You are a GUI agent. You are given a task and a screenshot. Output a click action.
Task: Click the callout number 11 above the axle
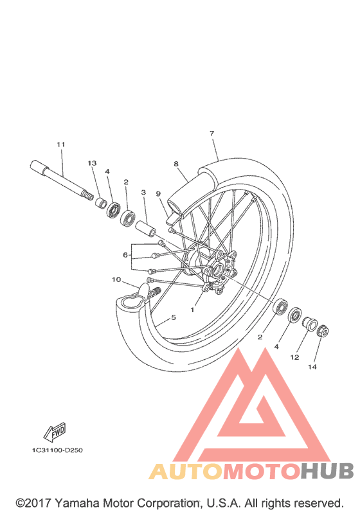61,145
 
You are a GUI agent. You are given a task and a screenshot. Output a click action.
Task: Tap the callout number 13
92,163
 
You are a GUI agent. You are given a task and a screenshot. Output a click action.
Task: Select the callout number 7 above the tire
212,134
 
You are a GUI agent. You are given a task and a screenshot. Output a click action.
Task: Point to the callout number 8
176,164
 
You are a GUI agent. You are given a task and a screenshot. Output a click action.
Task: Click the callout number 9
158,194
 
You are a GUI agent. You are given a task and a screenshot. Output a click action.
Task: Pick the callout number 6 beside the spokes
125,254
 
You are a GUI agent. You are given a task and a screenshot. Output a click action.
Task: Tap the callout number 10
116,279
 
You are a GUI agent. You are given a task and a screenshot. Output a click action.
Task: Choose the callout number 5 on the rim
174,317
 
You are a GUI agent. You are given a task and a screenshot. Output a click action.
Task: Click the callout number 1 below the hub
192,310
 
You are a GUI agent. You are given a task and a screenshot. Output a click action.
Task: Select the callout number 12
294,357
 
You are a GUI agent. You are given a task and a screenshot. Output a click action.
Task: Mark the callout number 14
312,367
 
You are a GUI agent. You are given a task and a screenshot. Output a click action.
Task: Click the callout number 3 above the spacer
143,193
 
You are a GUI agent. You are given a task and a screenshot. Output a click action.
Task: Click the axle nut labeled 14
323,331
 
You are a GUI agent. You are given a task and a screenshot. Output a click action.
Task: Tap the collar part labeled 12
309,323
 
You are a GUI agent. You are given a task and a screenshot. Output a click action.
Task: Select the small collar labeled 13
102,202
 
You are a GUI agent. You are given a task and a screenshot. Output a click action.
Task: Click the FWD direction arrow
55,432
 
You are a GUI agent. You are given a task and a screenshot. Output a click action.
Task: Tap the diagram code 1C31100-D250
57,450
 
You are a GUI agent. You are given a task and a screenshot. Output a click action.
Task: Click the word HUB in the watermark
327,471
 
